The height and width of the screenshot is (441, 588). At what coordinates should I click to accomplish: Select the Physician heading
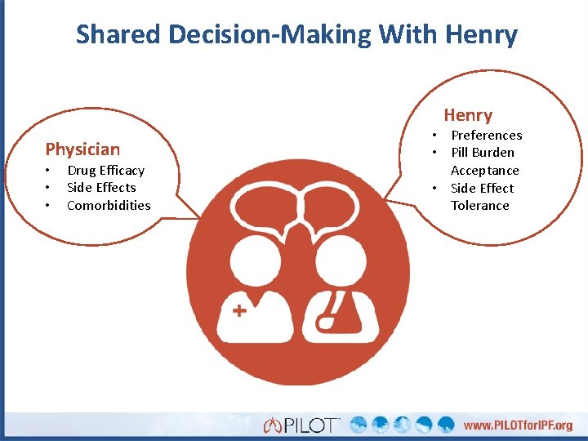coord(82,149)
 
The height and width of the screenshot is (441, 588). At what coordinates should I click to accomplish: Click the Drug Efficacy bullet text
coord(105,170)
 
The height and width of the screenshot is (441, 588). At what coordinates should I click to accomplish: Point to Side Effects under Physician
coord(101,187)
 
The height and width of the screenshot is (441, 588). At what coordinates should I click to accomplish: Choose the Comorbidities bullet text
coord(109,205)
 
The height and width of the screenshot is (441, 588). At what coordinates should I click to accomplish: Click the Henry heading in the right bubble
coord(468,115)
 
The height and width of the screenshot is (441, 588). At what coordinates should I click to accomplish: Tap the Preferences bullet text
coord(487,135)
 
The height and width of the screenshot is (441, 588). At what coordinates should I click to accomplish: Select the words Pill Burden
coord(483,152)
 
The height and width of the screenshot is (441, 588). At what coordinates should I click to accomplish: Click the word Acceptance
coord(485,170)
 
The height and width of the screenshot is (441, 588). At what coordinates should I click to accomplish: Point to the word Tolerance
coord(480,205)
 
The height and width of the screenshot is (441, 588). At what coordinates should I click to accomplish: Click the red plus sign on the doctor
coord(240,310)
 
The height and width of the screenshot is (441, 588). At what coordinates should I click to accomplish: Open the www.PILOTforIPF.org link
coord(518,425)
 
